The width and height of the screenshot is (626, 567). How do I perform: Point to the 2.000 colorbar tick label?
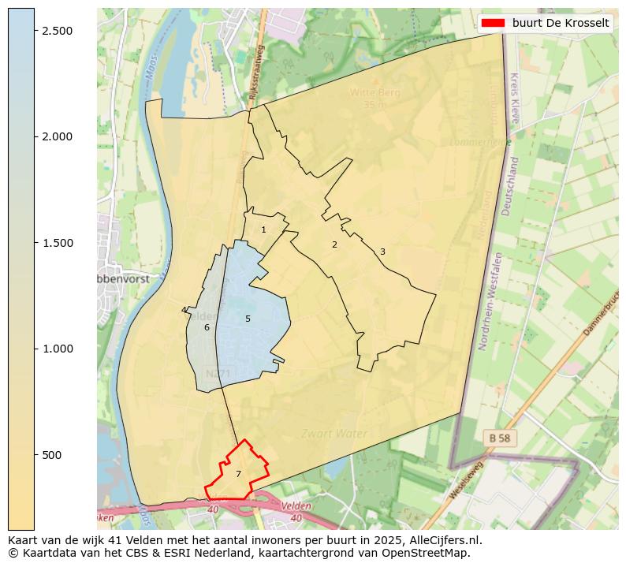point(57,136)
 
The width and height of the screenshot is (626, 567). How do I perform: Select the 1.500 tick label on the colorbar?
point(57,243)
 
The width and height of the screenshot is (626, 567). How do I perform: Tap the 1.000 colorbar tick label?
point(57,349)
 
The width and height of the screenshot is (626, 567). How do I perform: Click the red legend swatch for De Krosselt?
point(494,23)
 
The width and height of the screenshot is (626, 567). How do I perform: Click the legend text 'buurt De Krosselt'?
point(560,23)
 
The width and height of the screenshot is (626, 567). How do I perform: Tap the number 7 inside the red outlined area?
point(238,474)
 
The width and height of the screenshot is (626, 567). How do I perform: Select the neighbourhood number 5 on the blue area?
point(248,319)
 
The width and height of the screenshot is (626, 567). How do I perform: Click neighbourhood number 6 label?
point(207,327)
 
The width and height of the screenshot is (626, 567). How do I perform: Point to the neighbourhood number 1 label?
point(264,229)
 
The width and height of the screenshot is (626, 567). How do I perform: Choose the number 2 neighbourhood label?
point(334,244)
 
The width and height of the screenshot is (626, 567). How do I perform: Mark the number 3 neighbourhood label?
point(382,252)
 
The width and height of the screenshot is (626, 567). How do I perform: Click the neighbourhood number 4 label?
point(184,310)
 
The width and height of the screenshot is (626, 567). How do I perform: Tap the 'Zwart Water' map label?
point(333,434)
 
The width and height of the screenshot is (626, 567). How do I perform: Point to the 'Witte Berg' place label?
point(375,92)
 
